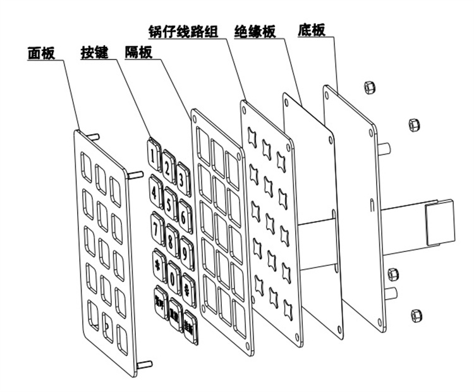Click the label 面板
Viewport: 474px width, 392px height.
42,53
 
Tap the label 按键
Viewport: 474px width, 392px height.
94,53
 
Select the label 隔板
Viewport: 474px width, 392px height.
138,53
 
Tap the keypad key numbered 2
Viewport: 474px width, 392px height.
168,166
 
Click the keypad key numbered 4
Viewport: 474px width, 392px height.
155,188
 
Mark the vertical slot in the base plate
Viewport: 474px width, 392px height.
370,206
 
